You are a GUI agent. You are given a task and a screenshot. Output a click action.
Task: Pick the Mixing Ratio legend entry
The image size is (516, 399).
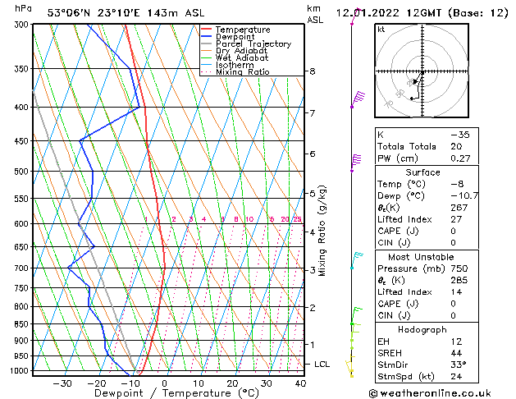point(242,72)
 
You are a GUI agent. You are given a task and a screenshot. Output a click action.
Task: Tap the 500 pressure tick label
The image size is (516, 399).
point(22,172)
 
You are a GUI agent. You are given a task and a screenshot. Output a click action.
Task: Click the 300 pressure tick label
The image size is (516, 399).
point(22,25)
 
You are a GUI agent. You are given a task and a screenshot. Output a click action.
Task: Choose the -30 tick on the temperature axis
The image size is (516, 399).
point(62,383)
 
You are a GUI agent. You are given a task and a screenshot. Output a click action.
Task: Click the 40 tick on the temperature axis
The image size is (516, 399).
point(300,383)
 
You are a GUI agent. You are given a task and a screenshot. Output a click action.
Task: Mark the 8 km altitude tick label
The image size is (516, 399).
point(313,71)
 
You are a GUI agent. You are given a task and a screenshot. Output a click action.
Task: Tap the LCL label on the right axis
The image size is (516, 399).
point(322,364)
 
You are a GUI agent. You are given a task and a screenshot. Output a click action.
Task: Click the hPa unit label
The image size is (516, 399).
point(24,8)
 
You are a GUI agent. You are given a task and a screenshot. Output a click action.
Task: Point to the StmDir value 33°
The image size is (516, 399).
point(459,365)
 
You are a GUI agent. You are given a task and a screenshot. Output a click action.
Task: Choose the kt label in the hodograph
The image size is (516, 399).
point(381,30)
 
